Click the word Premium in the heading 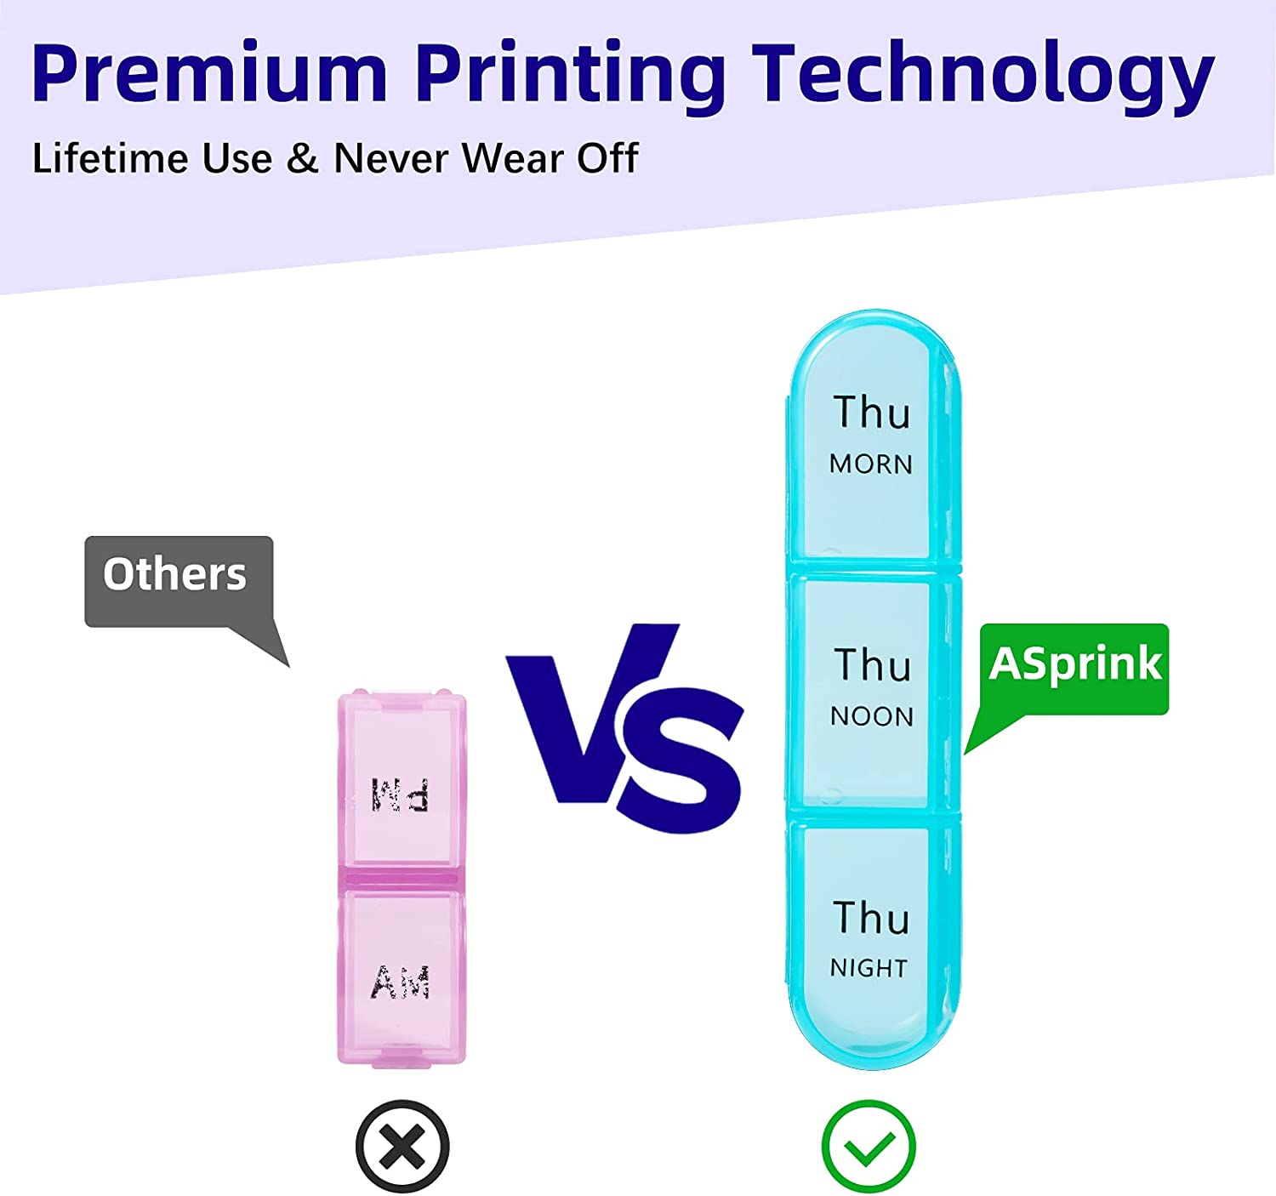(x=209, y=71)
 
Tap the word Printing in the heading (x=571, y=77)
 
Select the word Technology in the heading (x=983, y=77)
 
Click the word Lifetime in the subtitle (x=110, y=157)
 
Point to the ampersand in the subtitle (x=303, y=158)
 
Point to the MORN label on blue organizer (x=870, y=464)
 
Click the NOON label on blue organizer (x=872, y=717)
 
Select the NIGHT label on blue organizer (x=869, y=969)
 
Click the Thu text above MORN (x=872, y=413)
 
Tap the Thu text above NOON (x=873, y=665)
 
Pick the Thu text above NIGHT (x=871, y=918)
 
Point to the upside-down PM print (x=399, y=794)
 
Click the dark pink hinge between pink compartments (x=401, y=878)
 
